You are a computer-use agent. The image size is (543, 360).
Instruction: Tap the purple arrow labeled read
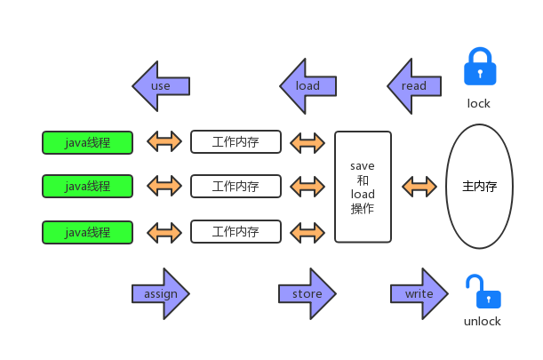pyautogui.click(x=413, y=86)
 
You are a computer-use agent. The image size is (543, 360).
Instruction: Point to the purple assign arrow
pyautogui.click(x=161, y=294)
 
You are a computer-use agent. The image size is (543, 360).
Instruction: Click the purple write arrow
pyautogui.click(x=419, y=294)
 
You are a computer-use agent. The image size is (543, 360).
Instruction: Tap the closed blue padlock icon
pyautogui.click(x=479, y=68)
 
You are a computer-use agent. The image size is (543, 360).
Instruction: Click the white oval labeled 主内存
pyautogui.click(x=479, y=187)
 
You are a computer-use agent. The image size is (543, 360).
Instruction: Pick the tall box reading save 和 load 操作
pyautogui.click(x=363, y=187)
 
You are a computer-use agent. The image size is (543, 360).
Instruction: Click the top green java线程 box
pyautogui.click(x=88, y=142)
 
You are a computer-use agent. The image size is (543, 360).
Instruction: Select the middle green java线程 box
pyautogui.click(x=88, y=187)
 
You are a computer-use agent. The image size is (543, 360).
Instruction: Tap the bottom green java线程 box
pyautogui.click(x=88, y=232)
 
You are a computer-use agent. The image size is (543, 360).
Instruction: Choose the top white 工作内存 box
pyautogui.click(x=236, y=142)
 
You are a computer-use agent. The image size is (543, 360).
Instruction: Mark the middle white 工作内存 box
pyautogui.click(x=236, y=187)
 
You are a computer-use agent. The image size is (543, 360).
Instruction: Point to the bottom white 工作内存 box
pyautogui.click(x=236, y=232)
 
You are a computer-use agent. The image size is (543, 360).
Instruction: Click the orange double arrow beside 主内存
pyautogui.click(x=419, y=187)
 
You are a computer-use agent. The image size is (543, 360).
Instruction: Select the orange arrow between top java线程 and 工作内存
pyautogui.click(x=163, y=142)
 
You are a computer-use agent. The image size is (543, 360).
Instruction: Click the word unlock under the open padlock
pyautogui.click(x=483, y=322)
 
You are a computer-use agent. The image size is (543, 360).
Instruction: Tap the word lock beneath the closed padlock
pyautogui.click(x=479, y=104)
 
